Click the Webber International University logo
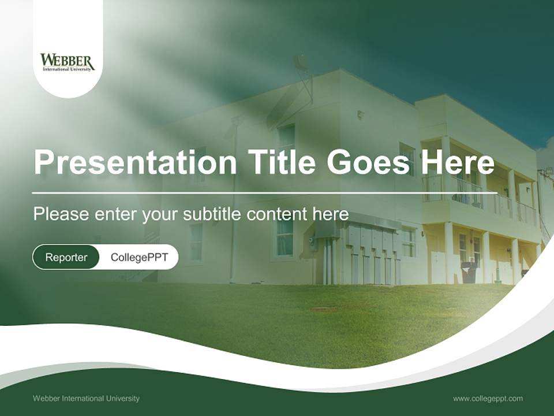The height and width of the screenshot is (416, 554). [x=68, y=62]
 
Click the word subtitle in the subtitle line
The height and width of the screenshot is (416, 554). [x=212, y=214]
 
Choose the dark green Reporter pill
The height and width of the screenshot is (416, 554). [x=66, y=257]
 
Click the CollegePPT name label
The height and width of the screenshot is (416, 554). [x=139, y=257]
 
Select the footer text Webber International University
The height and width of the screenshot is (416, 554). [x=86, y=399]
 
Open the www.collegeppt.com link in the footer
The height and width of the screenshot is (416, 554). [x=488, y=399]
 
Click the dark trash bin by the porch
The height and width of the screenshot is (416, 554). [x=469, y=272]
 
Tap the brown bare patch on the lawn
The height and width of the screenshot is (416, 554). [x=324, y=310]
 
